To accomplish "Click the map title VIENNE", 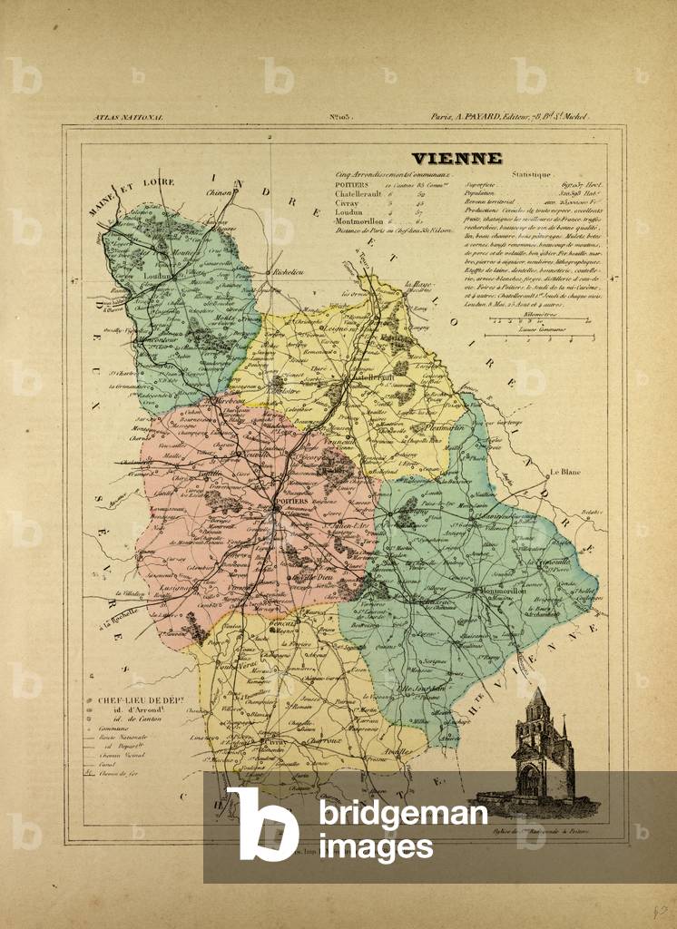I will point(456,159).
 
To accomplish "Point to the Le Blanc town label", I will point(564,472).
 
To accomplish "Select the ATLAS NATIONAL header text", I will point(125,118).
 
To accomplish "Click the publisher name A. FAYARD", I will point(486,118).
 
